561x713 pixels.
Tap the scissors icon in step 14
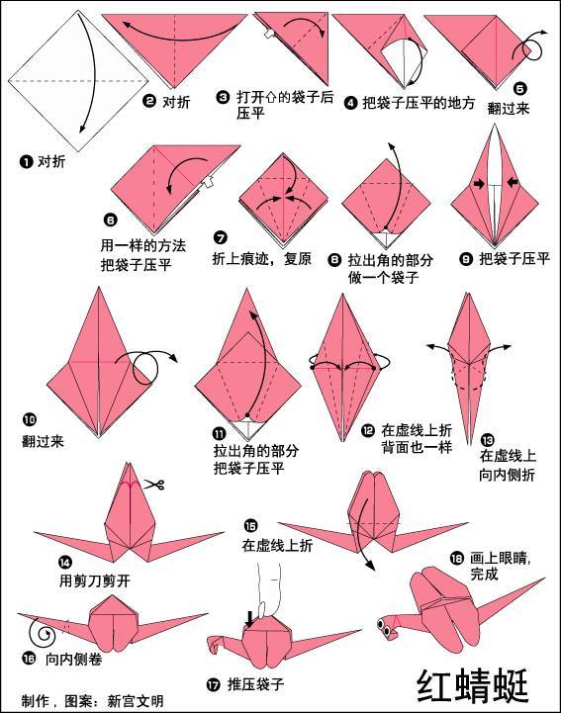[153, 484]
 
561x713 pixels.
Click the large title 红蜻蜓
[473, 685]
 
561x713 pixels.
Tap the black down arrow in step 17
[249, 619]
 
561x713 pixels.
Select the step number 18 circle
[456, 558]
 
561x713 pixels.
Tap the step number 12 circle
[367, 430]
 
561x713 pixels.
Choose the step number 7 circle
[220, 237]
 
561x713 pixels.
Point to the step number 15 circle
[249, 526]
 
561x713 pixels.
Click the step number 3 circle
[224, 97]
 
